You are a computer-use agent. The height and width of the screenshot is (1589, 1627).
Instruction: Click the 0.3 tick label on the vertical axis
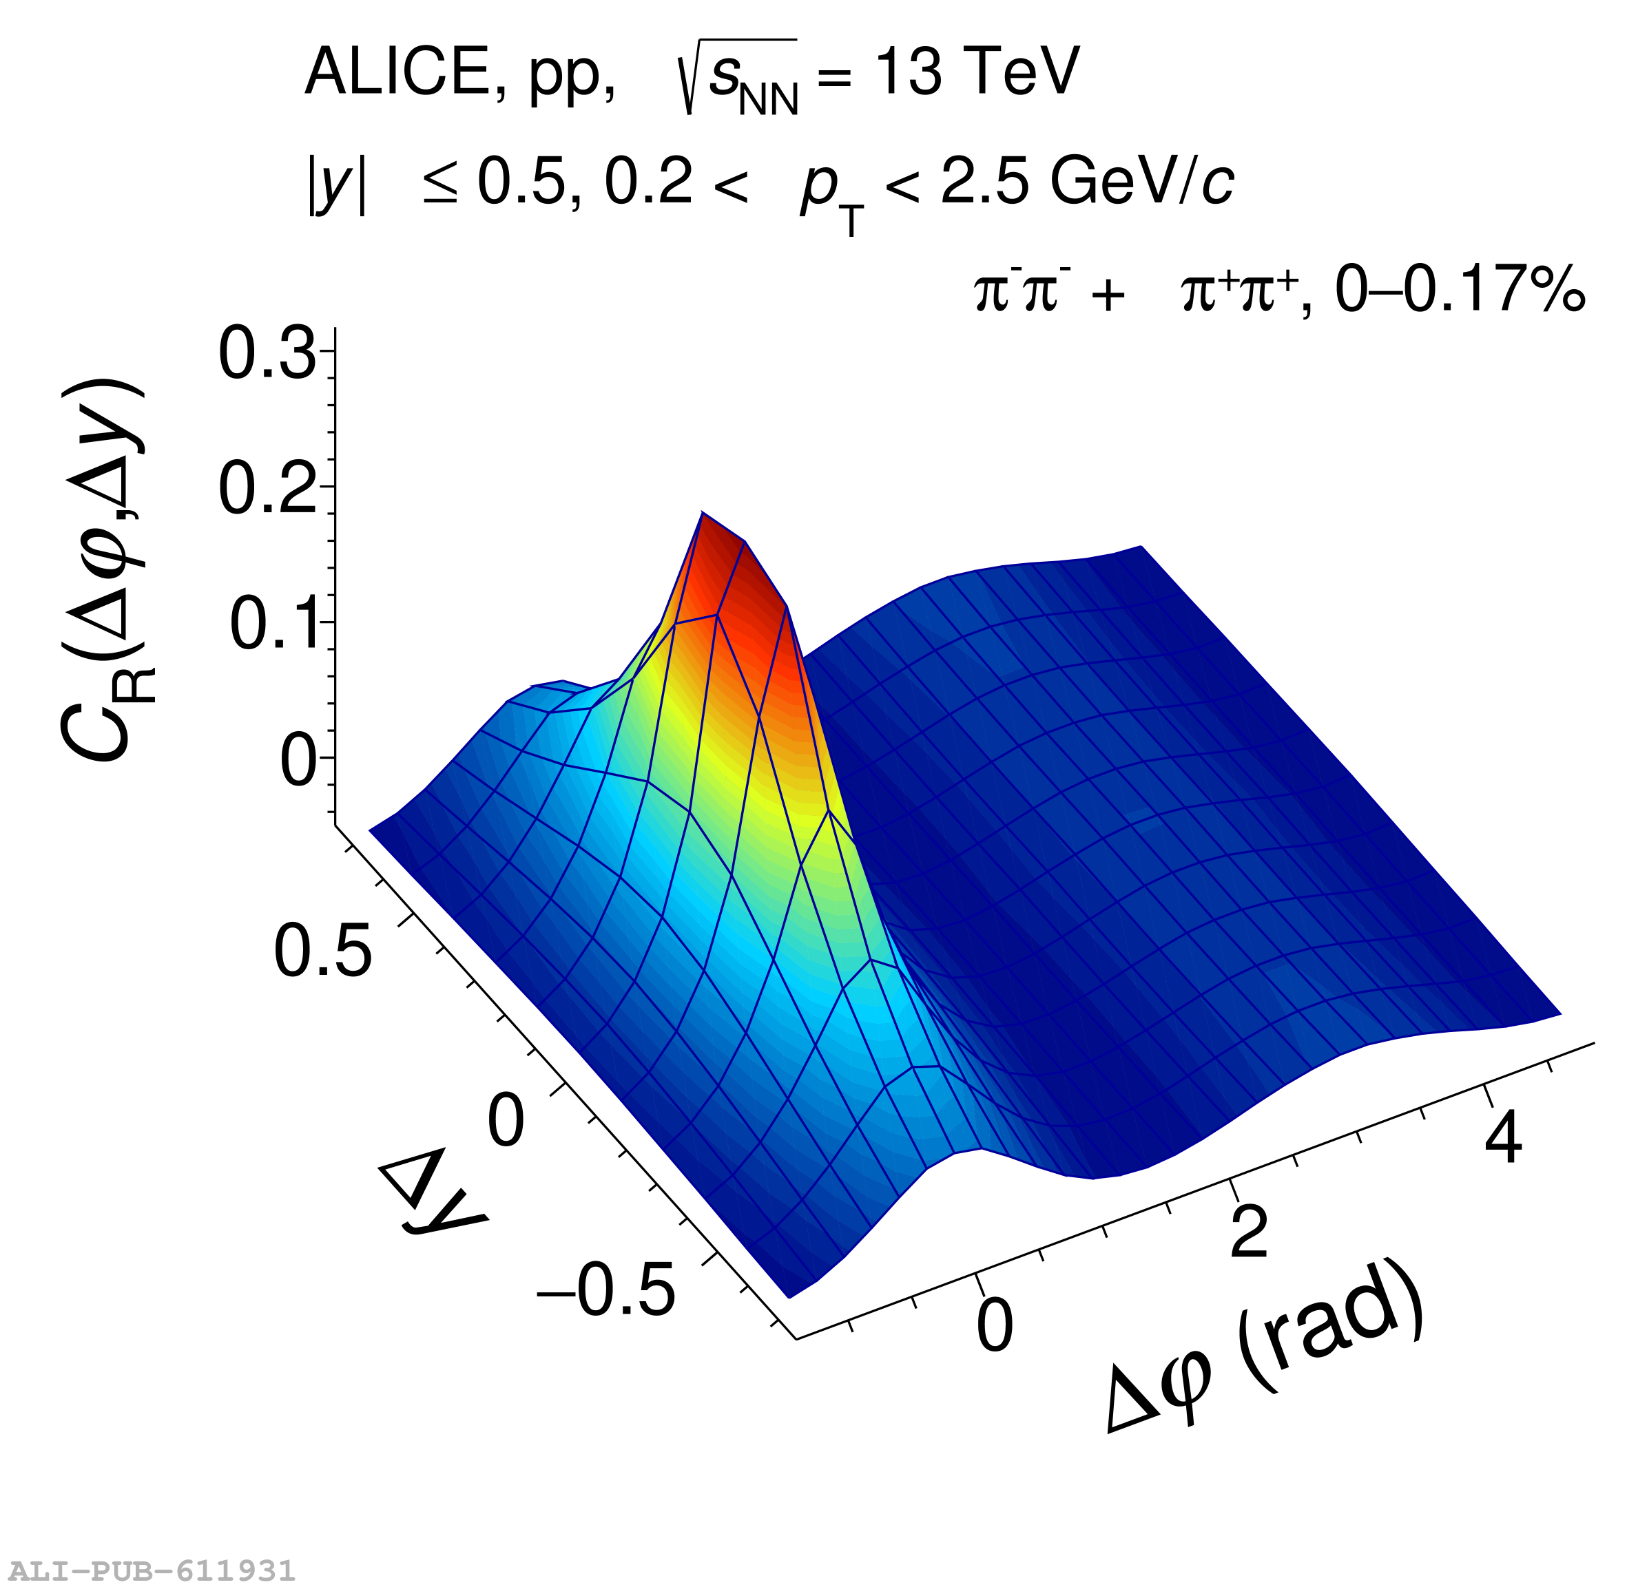click(x=267, y=355)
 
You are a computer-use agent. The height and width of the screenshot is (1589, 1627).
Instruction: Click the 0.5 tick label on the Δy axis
click(x=322, y=951)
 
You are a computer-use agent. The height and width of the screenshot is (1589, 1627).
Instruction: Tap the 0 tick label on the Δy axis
click(x=506, y=1121)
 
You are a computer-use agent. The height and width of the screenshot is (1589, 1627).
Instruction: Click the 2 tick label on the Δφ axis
click(x=1249, y=1230)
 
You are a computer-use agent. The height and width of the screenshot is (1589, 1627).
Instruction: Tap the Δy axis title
click(x=431, y=1197)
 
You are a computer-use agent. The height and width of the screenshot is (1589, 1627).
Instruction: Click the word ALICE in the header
click(x=397, y=72)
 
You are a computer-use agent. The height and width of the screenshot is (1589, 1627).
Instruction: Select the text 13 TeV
click(x=977, y=72)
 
